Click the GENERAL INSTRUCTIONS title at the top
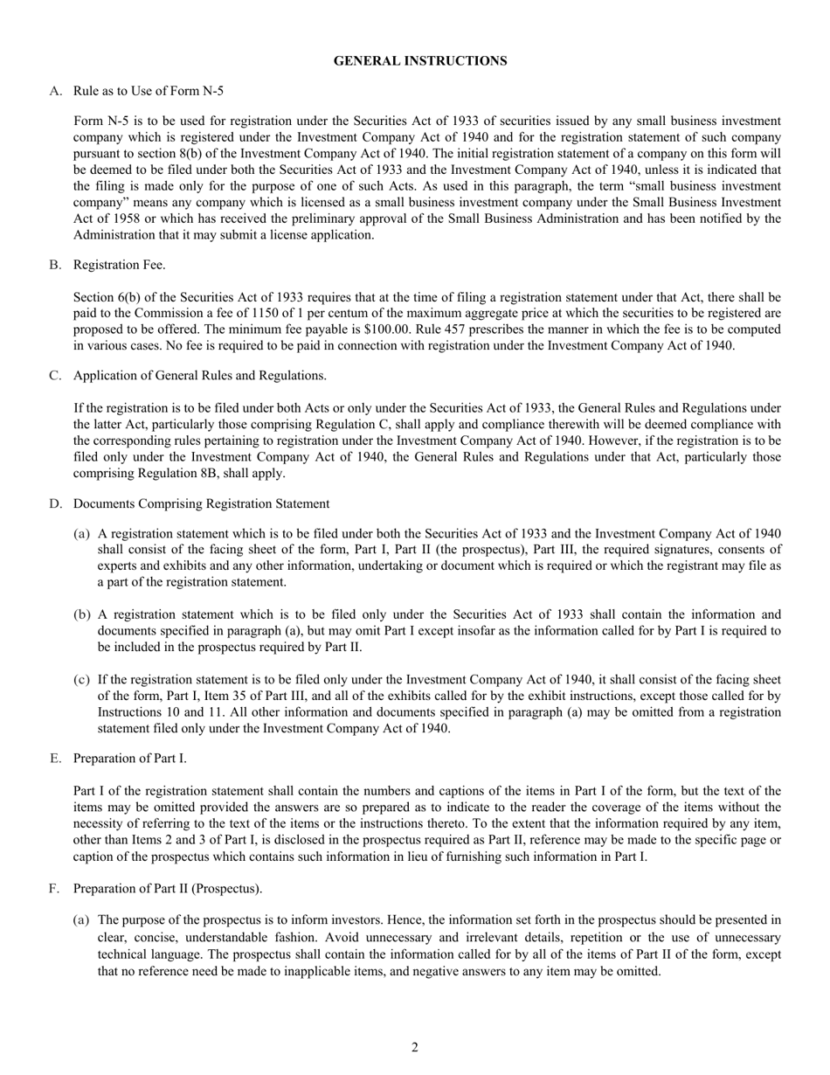pyautogui.click(x=420, y=60)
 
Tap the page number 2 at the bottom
pyautogui.click(x=415, y=1047)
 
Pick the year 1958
pyautogui.click(x=106, y=218)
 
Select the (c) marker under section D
pyautogui.click(x=81, y=679)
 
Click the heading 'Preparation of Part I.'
pyautogui.click(x=130, y=758)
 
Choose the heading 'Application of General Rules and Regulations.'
pyautogui.click(x=200, y=376)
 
